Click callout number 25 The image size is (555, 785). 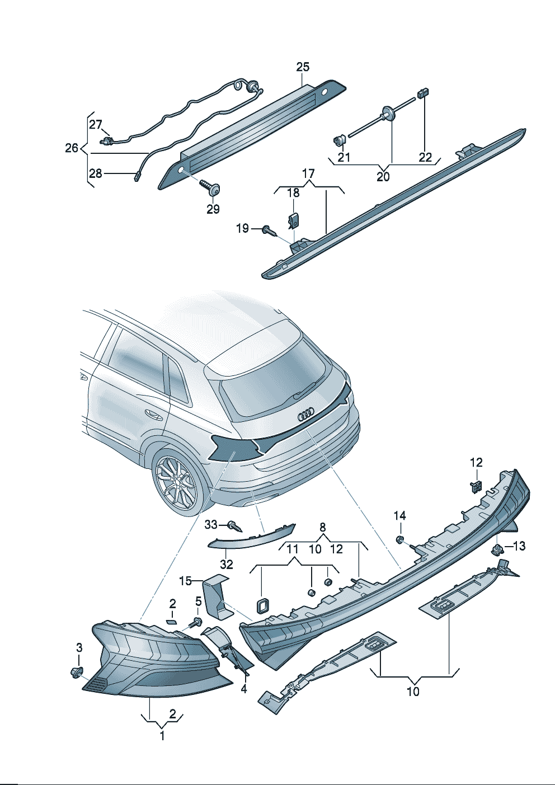tap(303, 67)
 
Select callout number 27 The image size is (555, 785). tap(96, 125)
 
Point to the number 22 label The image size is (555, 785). tap(425, 157)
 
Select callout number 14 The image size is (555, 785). tap(399, 515)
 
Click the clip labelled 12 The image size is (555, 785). tap(476, 485)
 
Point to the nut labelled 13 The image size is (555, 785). tap(497, 549)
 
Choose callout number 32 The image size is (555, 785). tap(226, 565)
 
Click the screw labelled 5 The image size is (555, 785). tap(196, 621)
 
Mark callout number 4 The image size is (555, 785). tap(244, 689)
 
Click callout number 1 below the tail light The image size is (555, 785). tap(162, 736)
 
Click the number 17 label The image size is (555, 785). tap(308, 174)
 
